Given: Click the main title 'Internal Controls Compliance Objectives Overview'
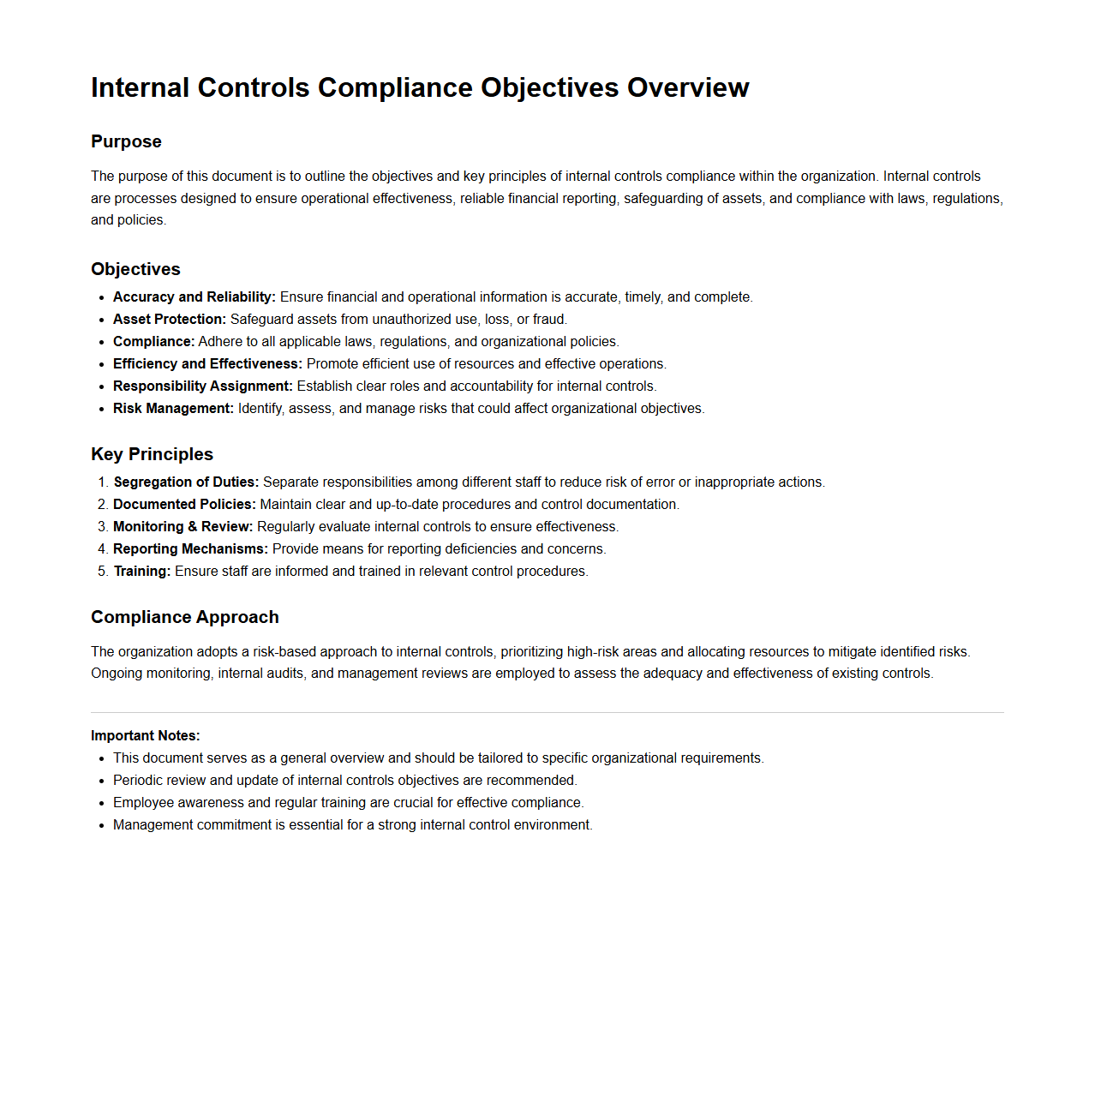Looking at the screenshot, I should [420, 87].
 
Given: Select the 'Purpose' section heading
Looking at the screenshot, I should [126, 141].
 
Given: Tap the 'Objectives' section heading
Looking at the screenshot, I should [135, 269].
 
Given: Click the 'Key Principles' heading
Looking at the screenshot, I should [152, 454].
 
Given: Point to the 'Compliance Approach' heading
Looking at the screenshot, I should [185, 617].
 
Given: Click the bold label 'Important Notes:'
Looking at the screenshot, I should [145, 735].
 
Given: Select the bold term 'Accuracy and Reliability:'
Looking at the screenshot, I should [194, 297].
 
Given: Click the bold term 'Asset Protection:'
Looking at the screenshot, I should [170, 320].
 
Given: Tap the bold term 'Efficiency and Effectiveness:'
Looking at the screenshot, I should [207, 364].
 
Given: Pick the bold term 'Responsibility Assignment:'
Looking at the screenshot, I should [202, 386].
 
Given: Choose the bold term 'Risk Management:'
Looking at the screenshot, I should [173, 409].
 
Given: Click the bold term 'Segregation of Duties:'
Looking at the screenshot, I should [186, 482].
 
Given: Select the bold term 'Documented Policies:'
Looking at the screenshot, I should [184, 505].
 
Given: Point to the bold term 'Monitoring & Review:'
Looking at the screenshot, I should [182, 527].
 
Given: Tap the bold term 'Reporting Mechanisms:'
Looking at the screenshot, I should [190, 549].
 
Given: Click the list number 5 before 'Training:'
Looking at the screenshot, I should [103, 572].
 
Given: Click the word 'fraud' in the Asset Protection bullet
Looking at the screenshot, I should [548, 320].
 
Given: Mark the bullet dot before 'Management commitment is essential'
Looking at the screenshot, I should [102, 825].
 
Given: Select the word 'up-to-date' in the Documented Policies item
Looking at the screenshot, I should [407, 505].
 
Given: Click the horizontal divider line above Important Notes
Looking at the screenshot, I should [547, 712].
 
